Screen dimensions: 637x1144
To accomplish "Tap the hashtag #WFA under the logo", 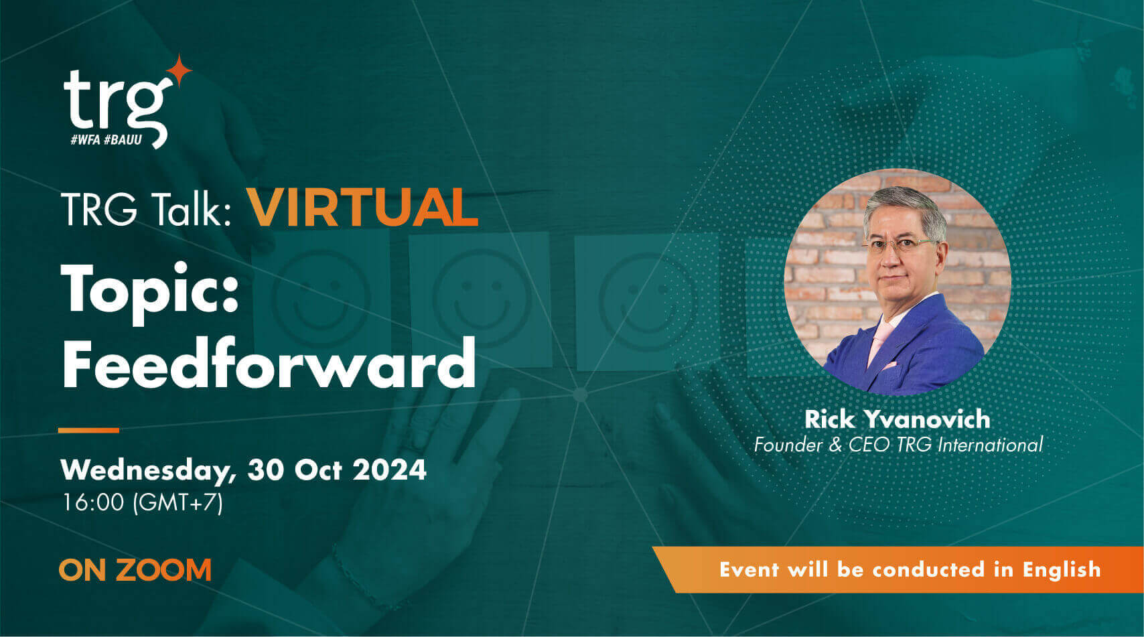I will click(86, 141).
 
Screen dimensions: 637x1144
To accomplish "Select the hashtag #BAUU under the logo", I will click(123, 141).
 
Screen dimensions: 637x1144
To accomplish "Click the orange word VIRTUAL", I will click(363, 208).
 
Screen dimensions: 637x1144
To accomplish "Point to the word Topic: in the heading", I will click(151, 290).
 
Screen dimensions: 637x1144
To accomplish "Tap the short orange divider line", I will click(88, 430).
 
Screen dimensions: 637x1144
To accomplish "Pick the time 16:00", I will click(93, 502).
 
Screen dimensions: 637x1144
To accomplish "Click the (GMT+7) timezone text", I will click(179, 502).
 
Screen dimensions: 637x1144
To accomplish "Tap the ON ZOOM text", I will click(135, 570).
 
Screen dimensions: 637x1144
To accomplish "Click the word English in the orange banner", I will click(1062, 569).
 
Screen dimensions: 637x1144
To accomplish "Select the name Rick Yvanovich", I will click(897, 419).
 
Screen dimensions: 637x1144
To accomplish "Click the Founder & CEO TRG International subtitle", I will click(898, 445).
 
